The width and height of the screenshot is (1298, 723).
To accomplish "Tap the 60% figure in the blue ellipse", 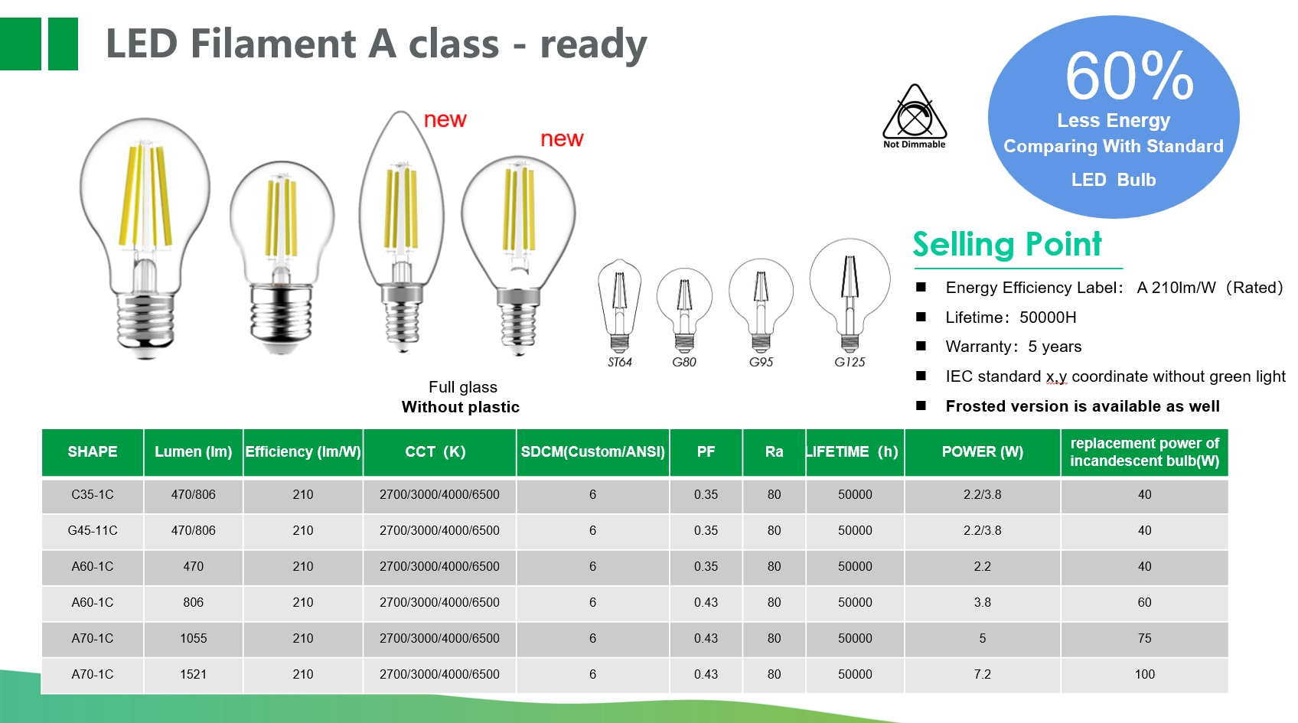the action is [x=1129, y=77].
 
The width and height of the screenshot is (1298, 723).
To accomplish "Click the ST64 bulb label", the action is [x=619, y=362].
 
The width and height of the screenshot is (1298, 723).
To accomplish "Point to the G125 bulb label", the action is [x=850, y=362].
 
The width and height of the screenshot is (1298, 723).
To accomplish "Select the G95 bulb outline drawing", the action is [x=761, y=305].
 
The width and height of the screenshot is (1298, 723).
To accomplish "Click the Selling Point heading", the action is [x=1007, y=245].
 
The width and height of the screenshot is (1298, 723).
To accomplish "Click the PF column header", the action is [x=706, y=452].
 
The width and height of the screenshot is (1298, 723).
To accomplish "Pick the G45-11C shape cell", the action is [x=93, y=531].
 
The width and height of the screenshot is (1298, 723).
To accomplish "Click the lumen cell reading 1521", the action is [x=194, y=674].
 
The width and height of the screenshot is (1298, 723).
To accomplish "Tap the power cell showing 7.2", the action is [x=983, y=674].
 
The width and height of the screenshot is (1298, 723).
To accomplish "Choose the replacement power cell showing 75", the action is [x=1144, y=638].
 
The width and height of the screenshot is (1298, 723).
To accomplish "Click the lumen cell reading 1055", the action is [x=194, y=638].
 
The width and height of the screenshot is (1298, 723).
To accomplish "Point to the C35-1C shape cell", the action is [x=93, y=495].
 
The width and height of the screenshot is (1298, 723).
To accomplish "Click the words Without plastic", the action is [x=461, y=407].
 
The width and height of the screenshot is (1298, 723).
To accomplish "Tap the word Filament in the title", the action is [x=273, y=44].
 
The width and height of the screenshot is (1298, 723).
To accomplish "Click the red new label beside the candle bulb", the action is [x=445, y=120].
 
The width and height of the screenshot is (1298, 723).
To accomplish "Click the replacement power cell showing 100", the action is [x=1144, y=674].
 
